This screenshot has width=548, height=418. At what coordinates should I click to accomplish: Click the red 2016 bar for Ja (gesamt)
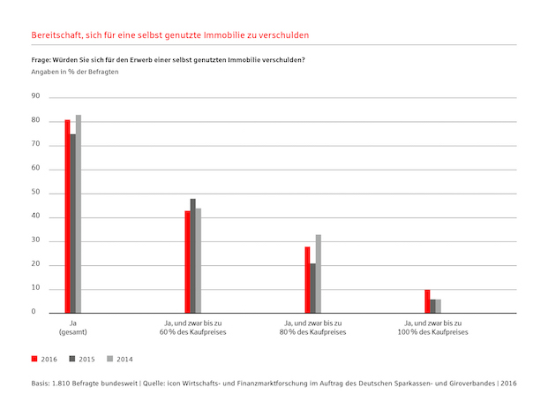pyautogui.click(x=67, y=217)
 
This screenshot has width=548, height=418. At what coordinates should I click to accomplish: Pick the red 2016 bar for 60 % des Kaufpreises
pyautogui.click(x=187, y=262)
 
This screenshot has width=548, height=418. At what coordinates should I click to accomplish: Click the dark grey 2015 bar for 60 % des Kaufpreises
pyautogui.click(x=192, y=256)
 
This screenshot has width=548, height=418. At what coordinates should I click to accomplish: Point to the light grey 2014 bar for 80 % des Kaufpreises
pyautogui.click(x=318, y=274)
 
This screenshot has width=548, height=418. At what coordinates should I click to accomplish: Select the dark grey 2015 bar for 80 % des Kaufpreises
pyautogui.click(x=312, y=288)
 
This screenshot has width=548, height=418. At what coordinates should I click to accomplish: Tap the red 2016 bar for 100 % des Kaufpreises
pyautogui.click(x=427, y=301)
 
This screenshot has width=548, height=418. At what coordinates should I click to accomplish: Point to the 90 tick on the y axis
pyautogui.click(x=35, y=95)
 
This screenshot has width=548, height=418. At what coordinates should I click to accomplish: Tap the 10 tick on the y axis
pyautogui.click(x=35, y=289)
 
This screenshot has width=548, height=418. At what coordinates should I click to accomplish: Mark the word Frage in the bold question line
pyautogui.click(x=41, y=59)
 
